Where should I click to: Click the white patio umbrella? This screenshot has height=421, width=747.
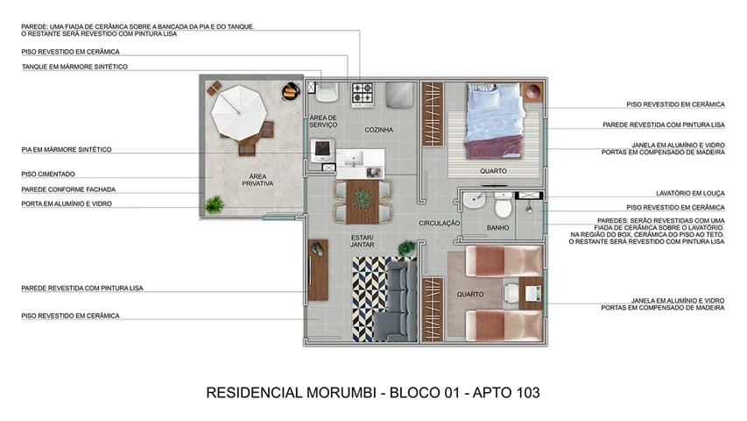[x=236, y=110]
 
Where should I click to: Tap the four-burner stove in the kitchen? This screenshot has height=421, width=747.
[x=363, y=93]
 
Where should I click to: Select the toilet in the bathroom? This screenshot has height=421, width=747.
[x=503, y=207]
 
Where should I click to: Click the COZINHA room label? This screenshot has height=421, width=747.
[x=378, y=130]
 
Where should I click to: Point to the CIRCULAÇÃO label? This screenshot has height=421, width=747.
[x=439, y=224]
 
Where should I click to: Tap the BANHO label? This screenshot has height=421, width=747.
[x=497, y=229]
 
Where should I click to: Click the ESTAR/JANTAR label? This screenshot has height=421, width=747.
[x=363, y=241]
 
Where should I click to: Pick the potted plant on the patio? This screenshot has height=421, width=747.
[x=214, y=205]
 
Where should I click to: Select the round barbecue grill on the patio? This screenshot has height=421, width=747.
[x=290, y=91]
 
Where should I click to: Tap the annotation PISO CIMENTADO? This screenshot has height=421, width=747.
[x=51, y=174]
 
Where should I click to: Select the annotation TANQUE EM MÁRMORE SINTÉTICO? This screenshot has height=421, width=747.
[x=74, y=67]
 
